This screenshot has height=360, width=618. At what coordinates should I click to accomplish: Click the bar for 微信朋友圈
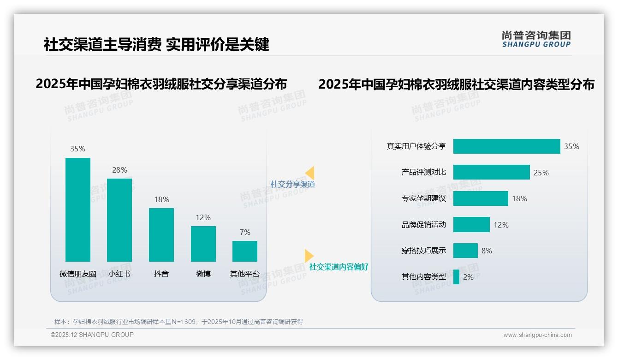(78, 210)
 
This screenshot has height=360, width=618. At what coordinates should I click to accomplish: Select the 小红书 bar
(119, 220)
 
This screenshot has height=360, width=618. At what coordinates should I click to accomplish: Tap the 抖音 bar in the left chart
(161, 235)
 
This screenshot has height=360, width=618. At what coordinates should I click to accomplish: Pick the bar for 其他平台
(245, 251)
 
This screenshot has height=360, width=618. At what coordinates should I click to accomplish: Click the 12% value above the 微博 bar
(203, 217)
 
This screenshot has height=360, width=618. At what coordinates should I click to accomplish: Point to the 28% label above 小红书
(119, 170)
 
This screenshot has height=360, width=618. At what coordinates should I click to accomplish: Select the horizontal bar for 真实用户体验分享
(506, 146)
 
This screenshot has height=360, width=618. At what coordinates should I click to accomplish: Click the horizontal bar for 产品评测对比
(491, 173)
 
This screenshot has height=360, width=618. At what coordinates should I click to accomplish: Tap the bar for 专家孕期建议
(481, 198)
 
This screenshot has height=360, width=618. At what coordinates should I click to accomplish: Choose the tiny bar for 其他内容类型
(456, 277)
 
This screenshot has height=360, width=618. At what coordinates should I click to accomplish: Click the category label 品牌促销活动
(424, 225)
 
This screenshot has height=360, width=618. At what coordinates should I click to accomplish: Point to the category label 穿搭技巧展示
(424, 251)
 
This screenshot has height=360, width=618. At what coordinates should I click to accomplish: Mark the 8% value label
(487, 251)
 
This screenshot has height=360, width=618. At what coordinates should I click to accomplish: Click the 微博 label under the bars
(203, 274)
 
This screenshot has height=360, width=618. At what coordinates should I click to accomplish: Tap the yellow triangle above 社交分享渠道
(310, 173)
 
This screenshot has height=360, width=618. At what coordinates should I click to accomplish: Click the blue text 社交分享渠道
(292, 184)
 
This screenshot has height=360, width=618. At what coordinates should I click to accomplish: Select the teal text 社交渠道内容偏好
(339, 267)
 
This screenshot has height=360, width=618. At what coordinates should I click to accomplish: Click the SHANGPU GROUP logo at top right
(536, 39)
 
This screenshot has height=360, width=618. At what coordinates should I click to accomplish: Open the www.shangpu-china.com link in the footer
(537, 335)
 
